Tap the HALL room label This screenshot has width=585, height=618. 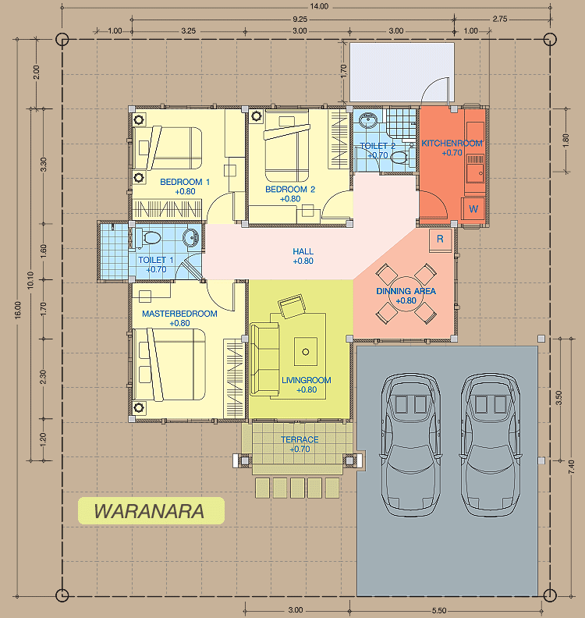(303, 251)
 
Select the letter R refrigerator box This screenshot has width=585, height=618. (441, 239)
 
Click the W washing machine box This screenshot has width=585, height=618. (473, 209)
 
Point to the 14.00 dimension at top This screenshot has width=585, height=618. (319, 6)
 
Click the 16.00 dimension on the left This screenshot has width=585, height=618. (19, 309)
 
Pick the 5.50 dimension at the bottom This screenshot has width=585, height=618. (439, 611)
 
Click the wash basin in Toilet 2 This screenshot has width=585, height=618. (368, 119)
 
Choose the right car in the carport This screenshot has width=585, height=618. (491, 445)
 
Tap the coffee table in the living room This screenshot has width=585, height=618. (306, 352)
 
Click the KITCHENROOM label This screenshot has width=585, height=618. (452, 143)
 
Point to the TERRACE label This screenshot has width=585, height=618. (300, 439)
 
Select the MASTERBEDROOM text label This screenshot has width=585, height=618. (179, 314)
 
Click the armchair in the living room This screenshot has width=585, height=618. (292, 306)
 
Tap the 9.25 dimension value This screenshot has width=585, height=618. (300, 19)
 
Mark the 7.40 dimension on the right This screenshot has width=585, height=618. (571, 467)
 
